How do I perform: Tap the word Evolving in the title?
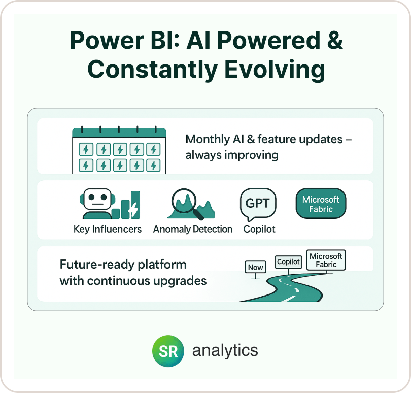tap(275, 69)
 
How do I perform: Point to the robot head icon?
tap(97, 203)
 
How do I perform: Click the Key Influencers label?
tap(108, 229)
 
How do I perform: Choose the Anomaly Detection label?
tap(193, 229)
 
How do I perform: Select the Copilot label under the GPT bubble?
tap(259, 230)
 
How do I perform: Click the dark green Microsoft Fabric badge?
tap(321, 203)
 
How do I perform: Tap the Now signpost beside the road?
tap(256, 268)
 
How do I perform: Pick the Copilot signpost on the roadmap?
tap(288, 262)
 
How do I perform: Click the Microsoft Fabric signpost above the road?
tap(326, 260)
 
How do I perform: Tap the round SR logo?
tap(168, 351)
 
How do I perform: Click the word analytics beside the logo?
tap(225, 350)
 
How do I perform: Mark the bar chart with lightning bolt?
tap(126, 205)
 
